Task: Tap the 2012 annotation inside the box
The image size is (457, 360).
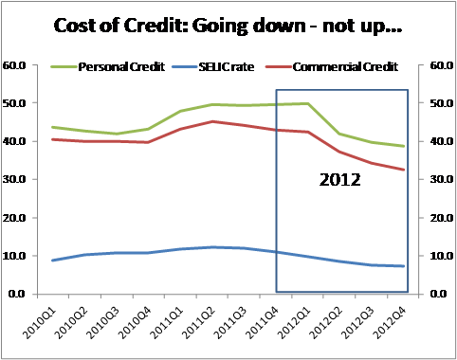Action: tap(338, 178)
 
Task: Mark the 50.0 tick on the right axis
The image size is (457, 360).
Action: tap(442, 103)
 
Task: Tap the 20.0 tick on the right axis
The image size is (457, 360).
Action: tap(442, 218)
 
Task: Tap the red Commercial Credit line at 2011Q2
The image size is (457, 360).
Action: tap(212, 121)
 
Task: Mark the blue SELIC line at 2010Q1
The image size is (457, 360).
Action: tap(52, 261)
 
